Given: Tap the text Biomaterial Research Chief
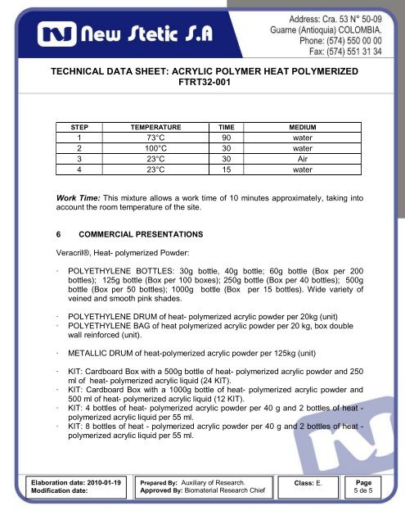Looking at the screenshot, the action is tap(227, 495).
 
